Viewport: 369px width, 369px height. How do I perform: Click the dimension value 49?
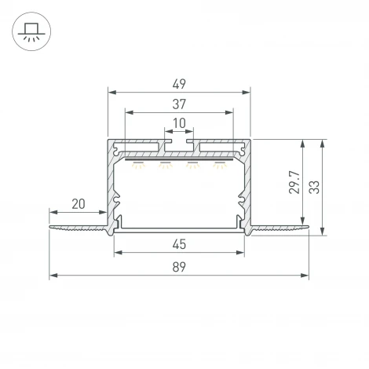[179, 84]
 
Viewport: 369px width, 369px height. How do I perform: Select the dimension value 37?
[179, 104]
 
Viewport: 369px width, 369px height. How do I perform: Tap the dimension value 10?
[179, 123]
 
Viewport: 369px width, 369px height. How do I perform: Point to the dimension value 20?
[79, 204]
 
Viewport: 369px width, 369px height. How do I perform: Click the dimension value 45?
[179, 244]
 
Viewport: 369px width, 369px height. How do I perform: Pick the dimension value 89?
[179, 267]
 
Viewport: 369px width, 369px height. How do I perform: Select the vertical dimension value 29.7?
[294, 182]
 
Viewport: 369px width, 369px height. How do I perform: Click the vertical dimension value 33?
[314, 187]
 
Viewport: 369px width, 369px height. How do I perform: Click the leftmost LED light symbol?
[138, 165]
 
